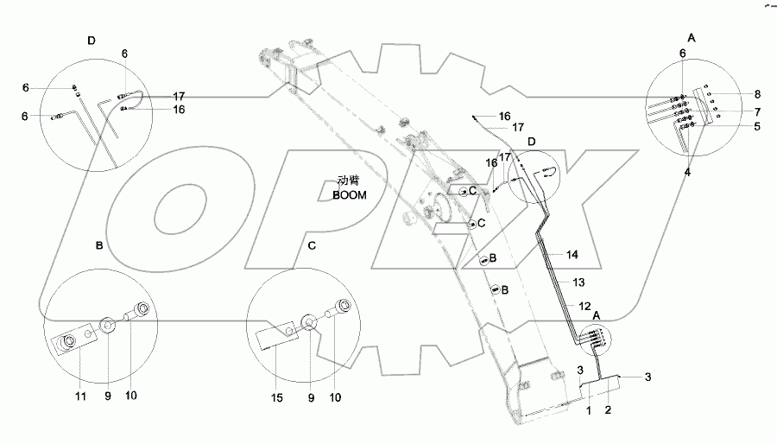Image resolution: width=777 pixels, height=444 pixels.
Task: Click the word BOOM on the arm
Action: pyautogui.click(x=350, y=195)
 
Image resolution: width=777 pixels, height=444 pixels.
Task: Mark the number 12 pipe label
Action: pyautogui.click(x=585, y=306)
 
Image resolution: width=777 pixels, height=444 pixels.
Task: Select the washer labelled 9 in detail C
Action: pyautogui.click(x=308, y=326)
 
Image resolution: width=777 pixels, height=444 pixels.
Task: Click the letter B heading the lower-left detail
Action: pyautogui.click(x=99, y=246)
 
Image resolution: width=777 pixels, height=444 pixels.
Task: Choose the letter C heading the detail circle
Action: pyautogui.click(x=312, y=245)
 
